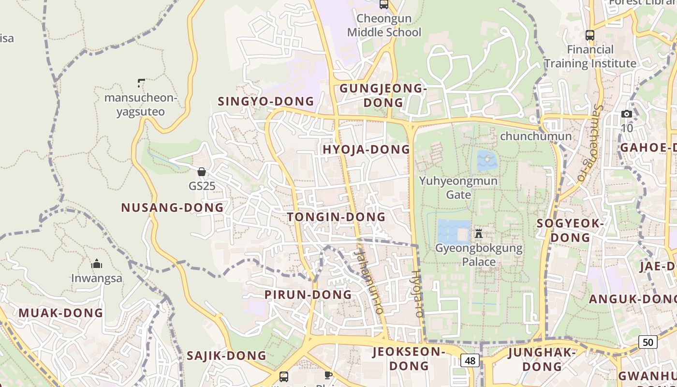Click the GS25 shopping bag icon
pyautogui.click(x=202, y=172)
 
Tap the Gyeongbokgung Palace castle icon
pyautogui.click(x=479, y=234)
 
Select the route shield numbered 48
pyautogui.click(x=470, y=360)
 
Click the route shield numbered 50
pyautogui.click(x=648, y=342)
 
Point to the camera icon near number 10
pyautogui.click(x=627, y=114)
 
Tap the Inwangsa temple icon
pyautogui.click(x=97, y=264)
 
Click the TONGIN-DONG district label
pyautogui.click(x=337, y=217)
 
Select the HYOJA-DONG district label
pyautogui.click(x=366, y=150)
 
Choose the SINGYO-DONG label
pyautogui.click(x=266, y=102)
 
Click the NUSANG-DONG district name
pyautogui.click(x=172, y=208)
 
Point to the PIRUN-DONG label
pyautogui.click(x=308, y=295)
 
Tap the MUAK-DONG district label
pyautogui.click(x=61, y=313)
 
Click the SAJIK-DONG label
pyautogui.click(x=226, y=356)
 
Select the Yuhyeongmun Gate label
pyautogui.click(x=458, y=188)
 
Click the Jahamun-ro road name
pyautogui.click(x=369, y=281)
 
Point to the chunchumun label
pyautogui.click(x=536, y=136)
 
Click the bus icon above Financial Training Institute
pyautogui.click(x=589, y=35)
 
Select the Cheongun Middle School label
pyautogui.click(x=384, y=26)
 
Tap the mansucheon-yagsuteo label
pyautogui.click(x=141, y=105)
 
